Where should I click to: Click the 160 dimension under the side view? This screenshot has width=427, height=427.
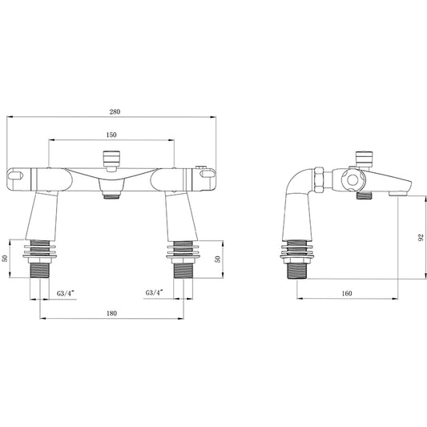[346, 293]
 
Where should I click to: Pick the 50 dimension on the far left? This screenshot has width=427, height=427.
[6, 259]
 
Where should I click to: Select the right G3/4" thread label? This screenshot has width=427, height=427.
[157, 293]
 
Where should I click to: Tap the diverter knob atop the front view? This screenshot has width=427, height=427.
[109, 158]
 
